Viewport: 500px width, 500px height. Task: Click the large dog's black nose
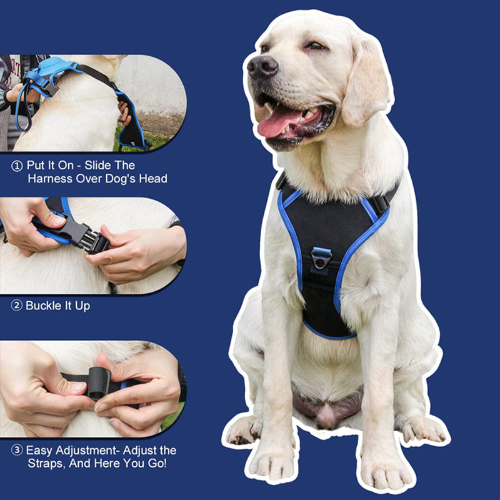pos(262,67)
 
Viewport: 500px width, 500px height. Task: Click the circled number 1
pos(17,166)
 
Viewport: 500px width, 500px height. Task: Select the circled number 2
pos(17,306)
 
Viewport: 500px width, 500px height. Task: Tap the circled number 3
pos(17,450)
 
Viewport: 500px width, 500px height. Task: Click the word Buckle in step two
pos(44,306)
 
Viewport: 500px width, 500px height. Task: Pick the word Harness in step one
pos(50,179)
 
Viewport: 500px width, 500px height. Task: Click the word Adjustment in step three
pos(86,450)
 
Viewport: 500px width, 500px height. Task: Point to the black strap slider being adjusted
pos(99,383)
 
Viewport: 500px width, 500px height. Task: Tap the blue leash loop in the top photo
pos(24,105)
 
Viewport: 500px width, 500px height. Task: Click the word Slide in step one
pos(97,165)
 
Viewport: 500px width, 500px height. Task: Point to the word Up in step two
pos(82,306)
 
